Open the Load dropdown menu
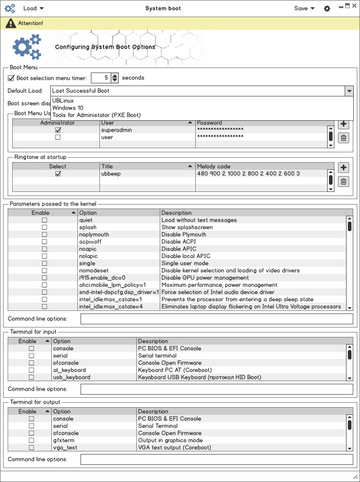[33, 8]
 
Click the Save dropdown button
[304, 8]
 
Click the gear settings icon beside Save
[327, 9]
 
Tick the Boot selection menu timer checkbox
[11, 78]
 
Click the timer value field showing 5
[100, 78]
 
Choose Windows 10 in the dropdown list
[67, 108]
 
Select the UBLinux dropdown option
[63, 101]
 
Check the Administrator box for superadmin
[58, 130]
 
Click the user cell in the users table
[107, 137]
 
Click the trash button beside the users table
[343, 138]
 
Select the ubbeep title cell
[111, 174]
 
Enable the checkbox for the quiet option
[45, 220]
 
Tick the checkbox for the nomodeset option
[45, 271]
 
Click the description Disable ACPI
[179, 242]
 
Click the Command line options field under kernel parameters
[216, 319]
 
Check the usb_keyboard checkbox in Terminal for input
[31, 377]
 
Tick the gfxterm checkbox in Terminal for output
[31, 441]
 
